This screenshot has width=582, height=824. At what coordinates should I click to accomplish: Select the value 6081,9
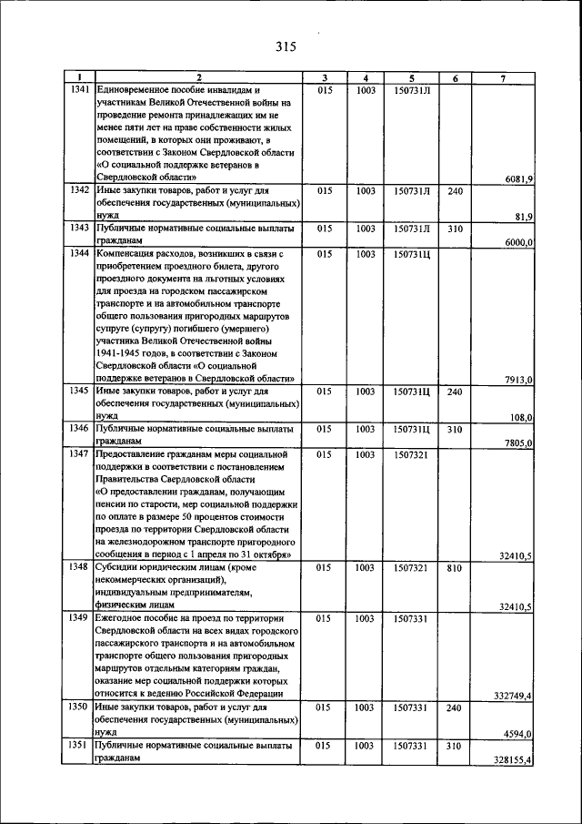(518, 179)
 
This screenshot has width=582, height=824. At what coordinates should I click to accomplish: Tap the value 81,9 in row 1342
(523, 216)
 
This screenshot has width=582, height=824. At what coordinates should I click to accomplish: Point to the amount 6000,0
(518, 241)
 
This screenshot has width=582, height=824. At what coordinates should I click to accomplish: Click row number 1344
(80, 254)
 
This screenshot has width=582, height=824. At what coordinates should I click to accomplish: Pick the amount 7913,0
(518, 380)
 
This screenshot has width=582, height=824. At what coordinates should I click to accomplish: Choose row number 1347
(80, 453)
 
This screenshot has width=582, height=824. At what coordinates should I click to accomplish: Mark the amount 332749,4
(513, 696)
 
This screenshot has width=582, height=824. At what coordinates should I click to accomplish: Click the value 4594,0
(518, 733)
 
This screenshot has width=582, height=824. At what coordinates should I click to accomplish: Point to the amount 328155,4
(513, 758)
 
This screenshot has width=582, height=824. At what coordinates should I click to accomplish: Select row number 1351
(80, 745)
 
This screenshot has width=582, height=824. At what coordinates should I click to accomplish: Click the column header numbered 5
(411, 78)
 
